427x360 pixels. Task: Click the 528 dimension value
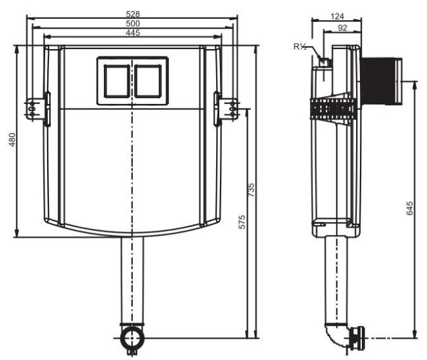click(x=133, y=14)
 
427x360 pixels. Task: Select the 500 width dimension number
click(x=133, y=23)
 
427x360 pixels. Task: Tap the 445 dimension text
click(x=133, y=33)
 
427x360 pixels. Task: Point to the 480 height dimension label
click(x=12, y=140)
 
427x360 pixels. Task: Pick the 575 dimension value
click(x=242, y=222)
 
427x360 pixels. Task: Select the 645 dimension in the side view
click(x=410, y=208)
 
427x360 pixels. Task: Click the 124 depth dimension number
click(x=337, y=17)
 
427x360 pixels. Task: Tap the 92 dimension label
click(x=343, y=28)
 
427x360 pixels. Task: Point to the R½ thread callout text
click(x=300, y=46)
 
